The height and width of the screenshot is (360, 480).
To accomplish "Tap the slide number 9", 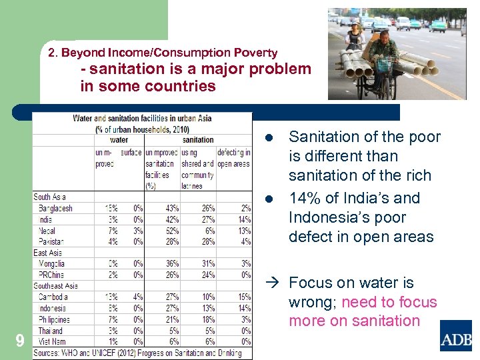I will (x=19, y=341).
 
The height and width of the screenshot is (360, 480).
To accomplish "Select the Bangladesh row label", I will (x=55, y=208).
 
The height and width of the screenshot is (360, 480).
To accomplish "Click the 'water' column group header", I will (x=119, y=140).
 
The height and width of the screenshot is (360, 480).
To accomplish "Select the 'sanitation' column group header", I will (x=197, y=140).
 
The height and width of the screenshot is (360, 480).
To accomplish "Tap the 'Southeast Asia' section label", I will (x=56, y=286).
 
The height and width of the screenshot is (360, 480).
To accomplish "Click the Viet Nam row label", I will (x=53, y=341).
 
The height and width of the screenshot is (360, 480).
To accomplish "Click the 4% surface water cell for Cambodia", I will (x=137, y=297).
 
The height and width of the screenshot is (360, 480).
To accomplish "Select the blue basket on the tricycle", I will (x=384, y=65).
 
